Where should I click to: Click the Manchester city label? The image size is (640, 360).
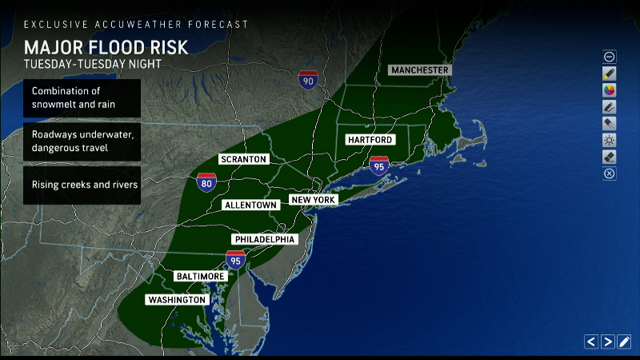tap(420, 70)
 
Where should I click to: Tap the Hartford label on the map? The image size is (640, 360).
tap(370, 140)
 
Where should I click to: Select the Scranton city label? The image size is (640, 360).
tap(244, 159)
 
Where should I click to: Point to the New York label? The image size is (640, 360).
tap(314, 199)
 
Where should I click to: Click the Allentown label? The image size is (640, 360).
tap(251, 206)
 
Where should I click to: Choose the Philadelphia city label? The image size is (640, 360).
tap(265, 240)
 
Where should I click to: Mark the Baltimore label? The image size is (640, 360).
tap(201, 276)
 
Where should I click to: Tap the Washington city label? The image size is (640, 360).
tap(177, 300)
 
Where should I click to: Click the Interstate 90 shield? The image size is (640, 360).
tap(308, 79)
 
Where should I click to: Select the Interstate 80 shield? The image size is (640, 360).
tap(206, 183)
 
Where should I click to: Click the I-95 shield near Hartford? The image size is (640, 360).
tap(379, 166)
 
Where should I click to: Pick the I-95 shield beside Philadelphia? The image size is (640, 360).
tap(235, 258)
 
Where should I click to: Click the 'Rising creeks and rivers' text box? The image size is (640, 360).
tap(82, 185)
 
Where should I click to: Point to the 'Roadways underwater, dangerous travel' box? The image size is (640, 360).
tap(82, 142)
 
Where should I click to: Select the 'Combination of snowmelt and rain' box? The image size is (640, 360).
tap(82, 98)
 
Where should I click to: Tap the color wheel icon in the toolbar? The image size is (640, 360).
tap(610, 90)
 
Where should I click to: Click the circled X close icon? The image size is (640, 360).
tap(610, 174)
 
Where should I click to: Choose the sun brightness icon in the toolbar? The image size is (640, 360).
tap(610, 140)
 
